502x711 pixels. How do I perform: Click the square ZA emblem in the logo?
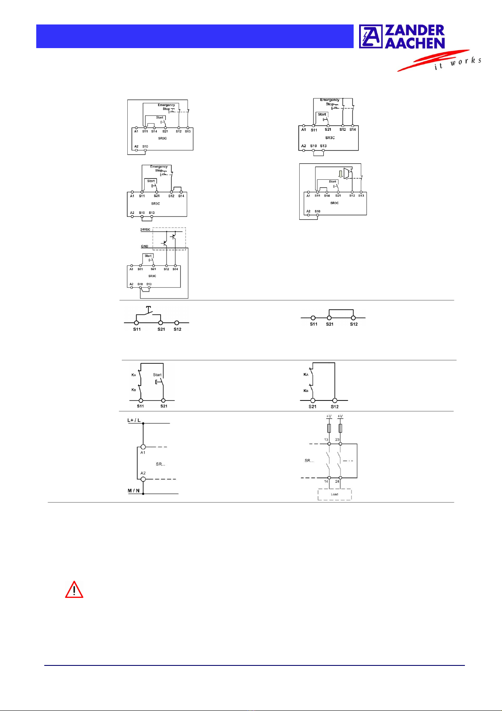(371, 36)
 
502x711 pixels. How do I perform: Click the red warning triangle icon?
(74, 590)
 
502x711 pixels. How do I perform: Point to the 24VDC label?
(145, 230)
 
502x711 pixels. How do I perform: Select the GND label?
(144, 246)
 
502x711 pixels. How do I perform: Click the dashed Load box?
(334, 494)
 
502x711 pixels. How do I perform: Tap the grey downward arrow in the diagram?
(340, 173)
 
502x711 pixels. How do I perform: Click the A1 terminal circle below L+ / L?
(143, 446)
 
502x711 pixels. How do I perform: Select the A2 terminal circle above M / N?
(143, 479)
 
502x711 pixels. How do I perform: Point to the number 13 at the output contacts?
(326, 440)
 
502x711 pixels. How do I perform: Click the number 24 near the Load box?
(337, 481)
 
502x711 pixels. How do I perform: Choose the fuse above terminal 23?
(340, 428)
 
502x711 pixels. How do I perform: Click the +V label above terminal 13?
(329, 416)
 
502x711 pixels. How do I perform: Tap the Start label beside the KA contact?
(157, 375)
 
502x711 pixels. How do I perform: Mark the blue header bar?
(194, 36)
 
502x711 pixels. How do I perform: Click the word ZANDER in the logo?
(415, 30)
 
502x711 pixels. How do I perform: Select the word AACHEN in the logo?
(415, 43)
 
